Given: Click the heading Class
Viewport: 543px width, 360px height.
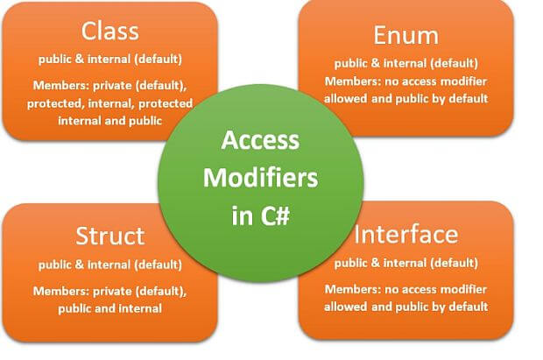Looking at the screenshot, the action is point(110,31).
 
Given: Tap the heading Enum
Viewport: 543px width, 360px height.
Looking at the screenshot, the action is point(405,35).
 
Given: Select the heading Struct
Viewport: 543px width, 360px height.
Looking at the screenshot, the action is point(110,236).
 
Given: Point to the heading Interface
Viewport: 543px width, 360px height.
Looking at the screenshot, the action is point(406,235).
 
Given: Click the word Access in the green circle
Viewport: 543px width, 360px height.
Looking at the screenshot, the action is point(260,140).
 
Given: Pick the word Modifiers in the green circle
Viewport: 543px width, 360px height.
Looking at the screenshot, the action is point(260,178).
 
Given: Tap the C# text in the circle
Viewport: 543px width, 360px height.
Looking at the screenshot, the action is point(275,215).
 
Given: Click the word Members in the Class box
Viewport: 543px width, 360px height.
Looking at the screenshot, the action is point(61,85).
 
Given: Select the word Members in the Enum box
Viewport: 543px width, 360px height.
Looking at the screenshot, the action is point(353,81).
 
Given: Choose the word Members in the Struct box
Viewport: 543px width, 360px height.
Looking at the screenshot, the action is point(61,291).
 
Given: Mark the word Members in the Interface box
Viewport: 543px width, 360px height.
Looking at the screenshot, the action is point(353,289).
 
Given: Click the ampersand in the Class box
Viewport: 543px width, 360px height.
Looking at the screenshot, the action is point(80,59).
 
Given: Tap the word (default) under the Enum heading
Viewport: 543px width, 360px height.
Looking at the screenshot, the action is point(454,63).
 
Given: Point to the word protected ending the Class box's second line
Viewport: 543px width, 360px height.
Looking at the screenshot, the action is point(166,103).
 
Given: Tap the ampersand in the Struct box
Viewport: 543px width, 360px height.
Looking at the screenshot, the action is point(80,265).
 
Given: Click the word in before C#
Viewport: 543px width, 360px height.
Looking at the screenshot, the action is point(243,215).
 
